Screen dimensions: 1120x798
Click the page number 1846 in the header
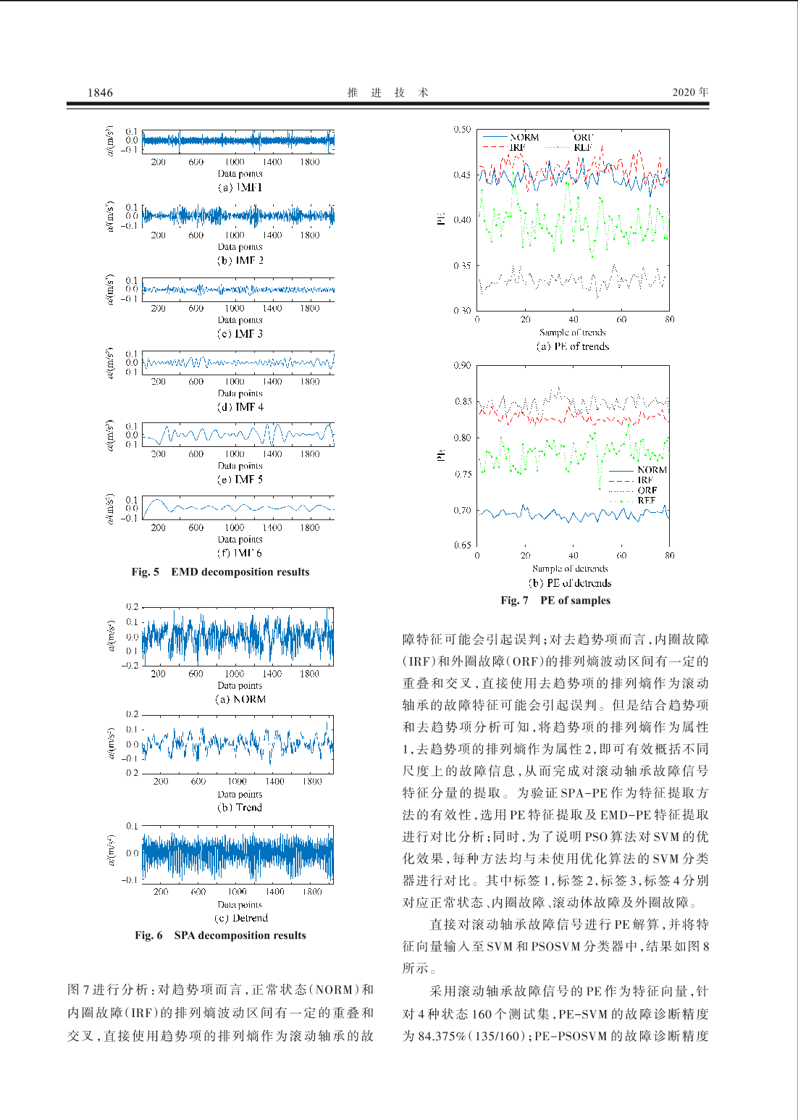point(100,92)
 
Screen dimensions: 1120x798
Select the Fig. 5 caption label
point(145,572)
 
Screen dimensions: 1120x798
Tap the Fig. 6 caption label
point(148,935)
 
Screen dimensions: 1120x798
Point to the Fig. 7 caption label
point(514,600)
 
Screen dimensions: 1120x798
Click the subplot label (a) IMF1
point(240,187)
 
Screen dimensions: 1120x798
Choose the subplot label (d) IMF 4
point(240,407)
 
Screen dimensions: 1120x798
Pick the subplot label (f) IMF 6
point(240,553)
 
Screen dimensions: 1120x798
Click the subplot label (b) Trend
point(240,807)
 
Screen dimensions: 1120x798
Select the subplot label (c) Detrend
point(242,918)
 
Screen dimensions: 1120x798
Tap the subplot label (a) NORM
point(240,699)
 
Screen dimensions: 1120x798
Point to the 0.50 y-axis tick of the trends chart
point(462,130)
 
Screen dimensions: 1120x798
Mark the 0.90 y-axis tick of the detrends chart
point(462,365)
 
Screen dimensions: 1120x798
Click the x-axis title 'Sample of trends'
point(572,332)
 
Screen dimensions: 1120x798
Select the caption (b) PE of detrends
point(570,582)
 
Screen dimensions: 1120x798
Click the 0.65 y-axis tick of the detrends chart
point(462,545)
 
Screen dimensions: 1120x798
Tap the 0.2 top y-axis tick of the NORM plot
point(132,607)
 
